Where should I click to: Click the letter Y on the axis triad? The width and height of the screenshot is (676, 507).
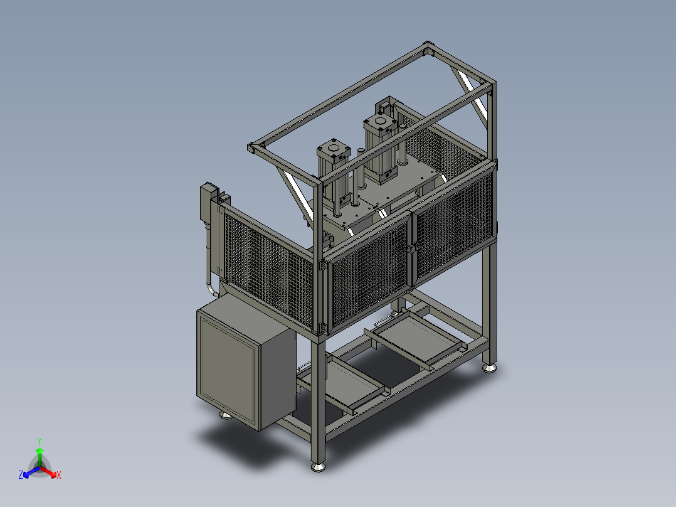40,441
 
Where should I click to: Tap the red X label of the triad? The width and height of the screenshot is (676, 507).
59,475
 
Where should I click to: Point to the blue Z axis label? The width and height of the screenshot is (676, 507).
20,475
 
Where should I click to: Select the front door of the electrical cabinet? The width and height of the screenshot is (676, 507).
227,370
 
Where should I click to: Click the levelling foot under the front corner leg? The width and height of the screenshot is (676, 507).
318,467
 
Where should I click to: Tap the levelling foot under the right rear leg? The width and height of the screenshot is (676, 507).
489,368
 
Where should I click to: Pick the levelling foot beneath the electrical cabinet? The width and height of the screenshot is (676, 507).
225,415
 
